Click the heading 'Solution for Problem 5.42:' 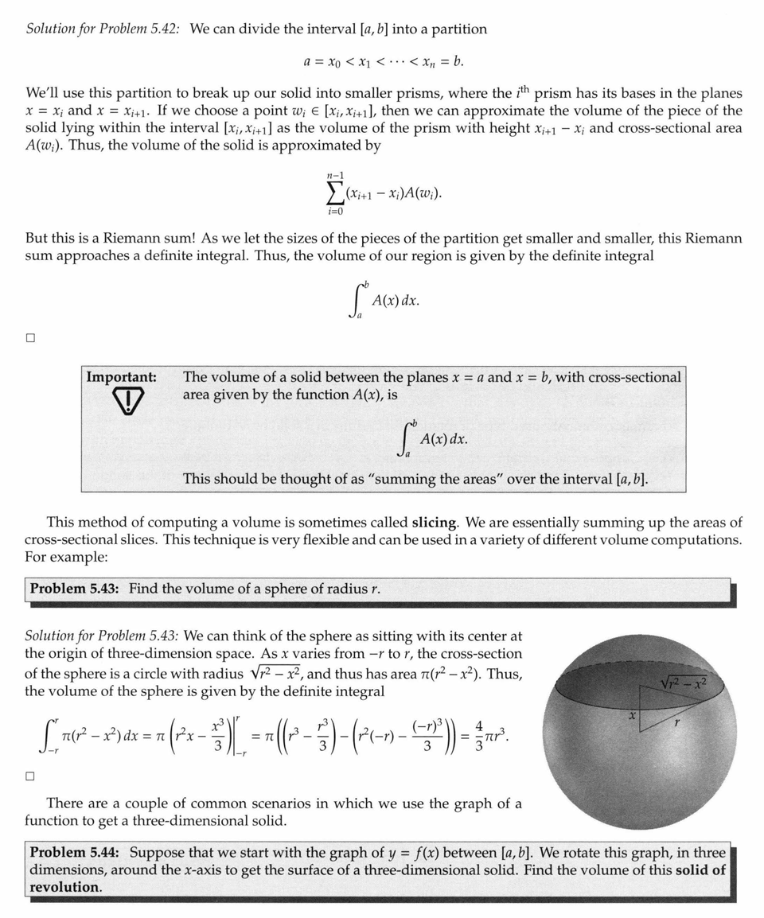tap(103, 29)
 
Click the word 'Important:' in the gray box tap(121, 377)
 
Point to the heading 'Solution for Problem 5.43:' tap(102, 636)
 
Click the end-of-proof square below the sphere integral tap(30, 776)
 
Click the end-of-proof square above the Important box tap(30, 337)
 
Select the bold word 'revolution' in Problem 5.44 tap(64, 887)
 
